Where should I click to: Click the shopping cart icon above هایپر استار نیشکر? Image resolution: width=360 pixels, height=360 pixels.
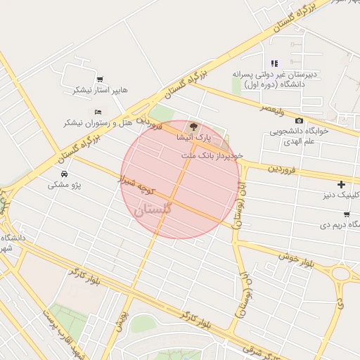[99, 79]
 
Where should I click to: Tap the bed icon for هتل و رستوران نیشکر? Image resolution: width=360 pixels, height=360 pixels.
[97, 112]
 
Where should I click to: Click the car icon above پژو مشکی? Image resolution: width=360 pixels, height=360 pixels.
[65, 173]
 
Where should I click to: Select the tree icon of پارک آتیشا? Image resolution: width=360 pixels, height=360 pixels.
[194, 126]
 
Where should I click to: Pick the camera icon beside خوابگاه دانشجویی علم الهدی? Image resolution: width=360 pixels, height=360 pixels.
[300, 120]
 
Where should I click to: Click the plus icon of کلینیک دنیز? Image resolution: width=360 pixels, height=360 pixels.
[341, 184]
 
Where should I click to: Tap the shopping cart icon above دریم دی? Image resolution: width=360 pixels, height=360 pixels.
[347, 214]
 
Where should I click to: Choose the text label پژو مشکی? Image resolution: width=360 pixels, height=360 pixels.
[65, 185]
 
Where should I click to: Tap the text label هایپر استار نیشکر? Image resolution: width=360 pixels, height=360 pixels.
[101, 90]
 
